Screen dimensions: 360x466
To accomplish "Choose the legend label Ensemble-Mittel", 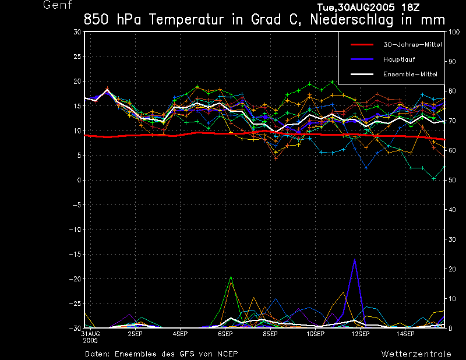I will pyautogui.click(x=410, y=74).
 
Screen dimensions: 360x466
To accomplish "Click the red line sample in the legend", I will pyautogui.click(x=361, y=44).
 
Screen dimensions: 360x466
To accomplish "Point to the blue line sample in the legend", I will pyautogui.click(x=361, y=59).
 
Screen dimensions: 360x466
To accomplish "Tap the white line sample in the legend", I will pyautogui.click(x=361, y=74).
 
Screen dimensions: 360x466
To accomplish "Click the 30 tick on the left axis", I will pyautogui.click(x=77, y=32).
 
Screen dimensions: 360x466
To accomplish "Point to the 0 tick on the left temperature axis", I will pyautogui.click(x=79, y=180).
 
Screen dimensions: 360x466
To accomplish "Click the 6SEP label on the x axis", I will pyautogui.click(x=225, y=334).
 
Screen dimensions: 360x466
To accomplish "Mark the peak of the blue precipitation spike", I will pyautogui.click(x=355, y=260).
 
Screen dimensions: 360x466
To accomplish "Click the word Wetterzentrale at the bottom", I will pyautogui.click(x=416, y=354).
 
